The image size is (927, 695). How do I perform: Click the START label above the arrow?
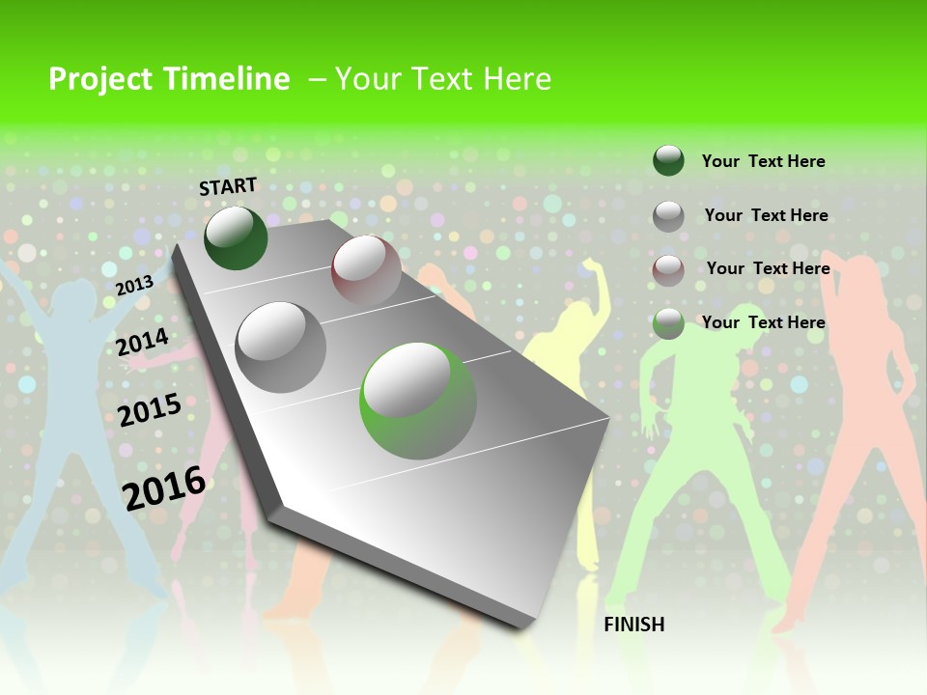(x=228, y=186)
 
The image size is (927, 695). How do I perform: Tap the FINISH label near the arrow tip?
(x=633, y=625)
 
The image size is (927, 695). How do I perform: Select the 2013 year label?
(x=134, y=286)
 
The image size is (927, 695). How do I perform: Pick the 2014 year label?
(x=143, y=342)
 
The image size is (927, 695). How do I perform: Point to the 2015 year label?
(x=150, y=410)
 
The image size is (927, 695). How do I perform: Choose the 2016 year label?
(x=164, y=487)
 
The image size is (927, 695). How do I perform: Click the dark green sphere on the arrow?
(x=236, y=238)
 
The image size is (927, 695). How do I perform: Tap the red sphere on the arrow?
(x=366, y=270)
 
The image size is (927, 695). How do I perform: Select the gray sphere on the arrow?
(x=281, y=347)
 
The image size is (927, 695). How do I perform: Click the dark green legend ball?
(x=668, y=160)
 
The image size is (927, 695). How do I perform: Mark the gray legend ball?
(x=668, y=216)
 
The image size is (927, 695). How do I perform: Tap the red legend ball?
(x=668, y=270)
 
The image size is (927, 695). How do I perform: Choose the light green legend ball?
(x=668, y=324)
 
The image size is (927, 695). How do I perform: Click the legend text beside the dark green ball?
(x=763, y=161)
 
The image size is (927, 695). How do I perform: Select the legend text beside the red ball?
(x=768, y=268)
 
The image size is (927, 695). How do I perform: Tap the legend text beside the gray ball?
(x=766, y=215)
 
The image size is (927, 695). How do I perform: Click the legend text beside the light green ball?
(x=763, y=322)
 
